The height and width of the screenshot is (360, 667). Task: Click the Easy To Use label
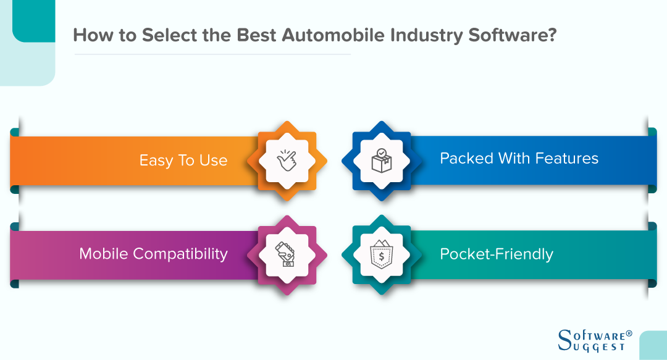(x=183, y=161)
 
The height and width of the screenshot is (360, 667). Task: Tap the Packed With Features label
(x=519, y=159)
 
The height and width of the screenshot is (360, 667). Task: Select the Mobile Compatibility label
(x=153, y=254)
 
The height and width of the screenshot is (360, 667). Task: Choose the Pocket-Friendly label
(x=496, y=254)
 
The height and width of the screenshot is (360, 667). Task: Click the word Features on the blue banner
(x=568, y=159)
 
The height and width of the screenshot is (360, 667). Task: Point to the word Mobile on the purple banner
(x=103, y=254)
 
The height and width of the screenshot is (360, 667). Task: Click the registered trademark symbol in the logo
(x=629, y=333)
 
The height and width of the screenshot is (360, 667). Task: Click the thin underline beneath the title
(x=212, y=54)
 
